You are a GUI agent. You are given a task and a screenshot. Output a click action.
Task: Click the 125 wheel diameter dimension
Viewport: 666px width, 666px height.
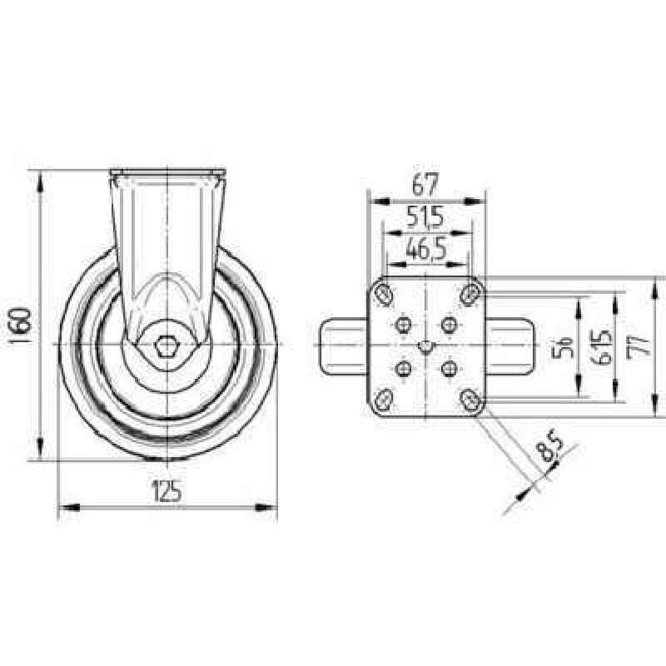click(167, 491)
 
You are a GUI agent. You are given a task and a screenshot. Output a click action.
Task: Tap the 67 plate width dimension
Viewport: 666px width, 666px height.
click(425, 184)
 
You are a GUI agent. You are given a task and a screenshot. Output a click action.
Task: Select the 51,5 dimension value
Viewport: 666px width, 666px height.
click(425, 218)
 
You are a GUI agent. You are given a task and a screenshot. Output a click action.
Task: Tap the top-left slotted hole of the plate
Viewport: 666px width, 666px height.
click(384, 294)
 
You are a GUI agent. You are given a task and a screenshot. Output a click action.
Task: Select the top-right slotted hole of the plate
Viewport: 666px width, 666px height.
click(470, 294)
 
